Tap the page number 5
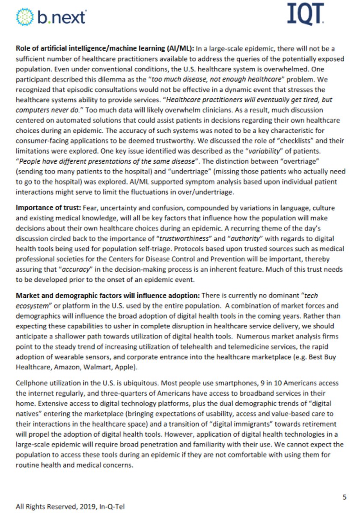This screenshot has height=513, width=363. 345,497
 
